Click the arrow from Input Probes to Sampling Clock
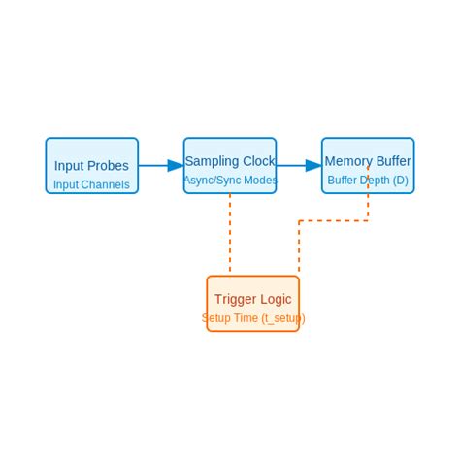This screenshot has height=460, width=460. pyautogui.click(x=155, y=166)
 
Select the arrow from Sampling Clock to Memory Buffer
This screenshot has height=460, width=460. pyautogui.click(x=293, y=166)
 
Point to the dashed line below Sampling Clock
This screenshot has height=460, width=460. pyautogui.click(x=230, y=233)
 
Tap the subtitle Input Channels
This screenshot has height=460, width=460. pyautogui.click(x=91, y=184)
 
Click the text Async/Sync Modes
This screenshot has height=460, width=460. pyautogui.click(x=230, y=181)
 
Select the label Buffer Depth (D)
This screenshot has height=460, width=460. pyautogui.click(x=368, y=181)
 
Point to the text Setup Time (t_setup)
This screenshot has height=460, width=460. pyautogui.click(x=253, y=318)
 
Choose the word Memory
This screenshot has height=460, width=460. pyautogui.click(x=346, y=161)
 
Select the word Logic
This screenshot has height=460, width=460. pyautogui.click(x=276, y=299)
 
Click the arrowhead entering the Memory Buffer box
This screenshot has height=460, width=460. pyautogui.click(x=313, y=166)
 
